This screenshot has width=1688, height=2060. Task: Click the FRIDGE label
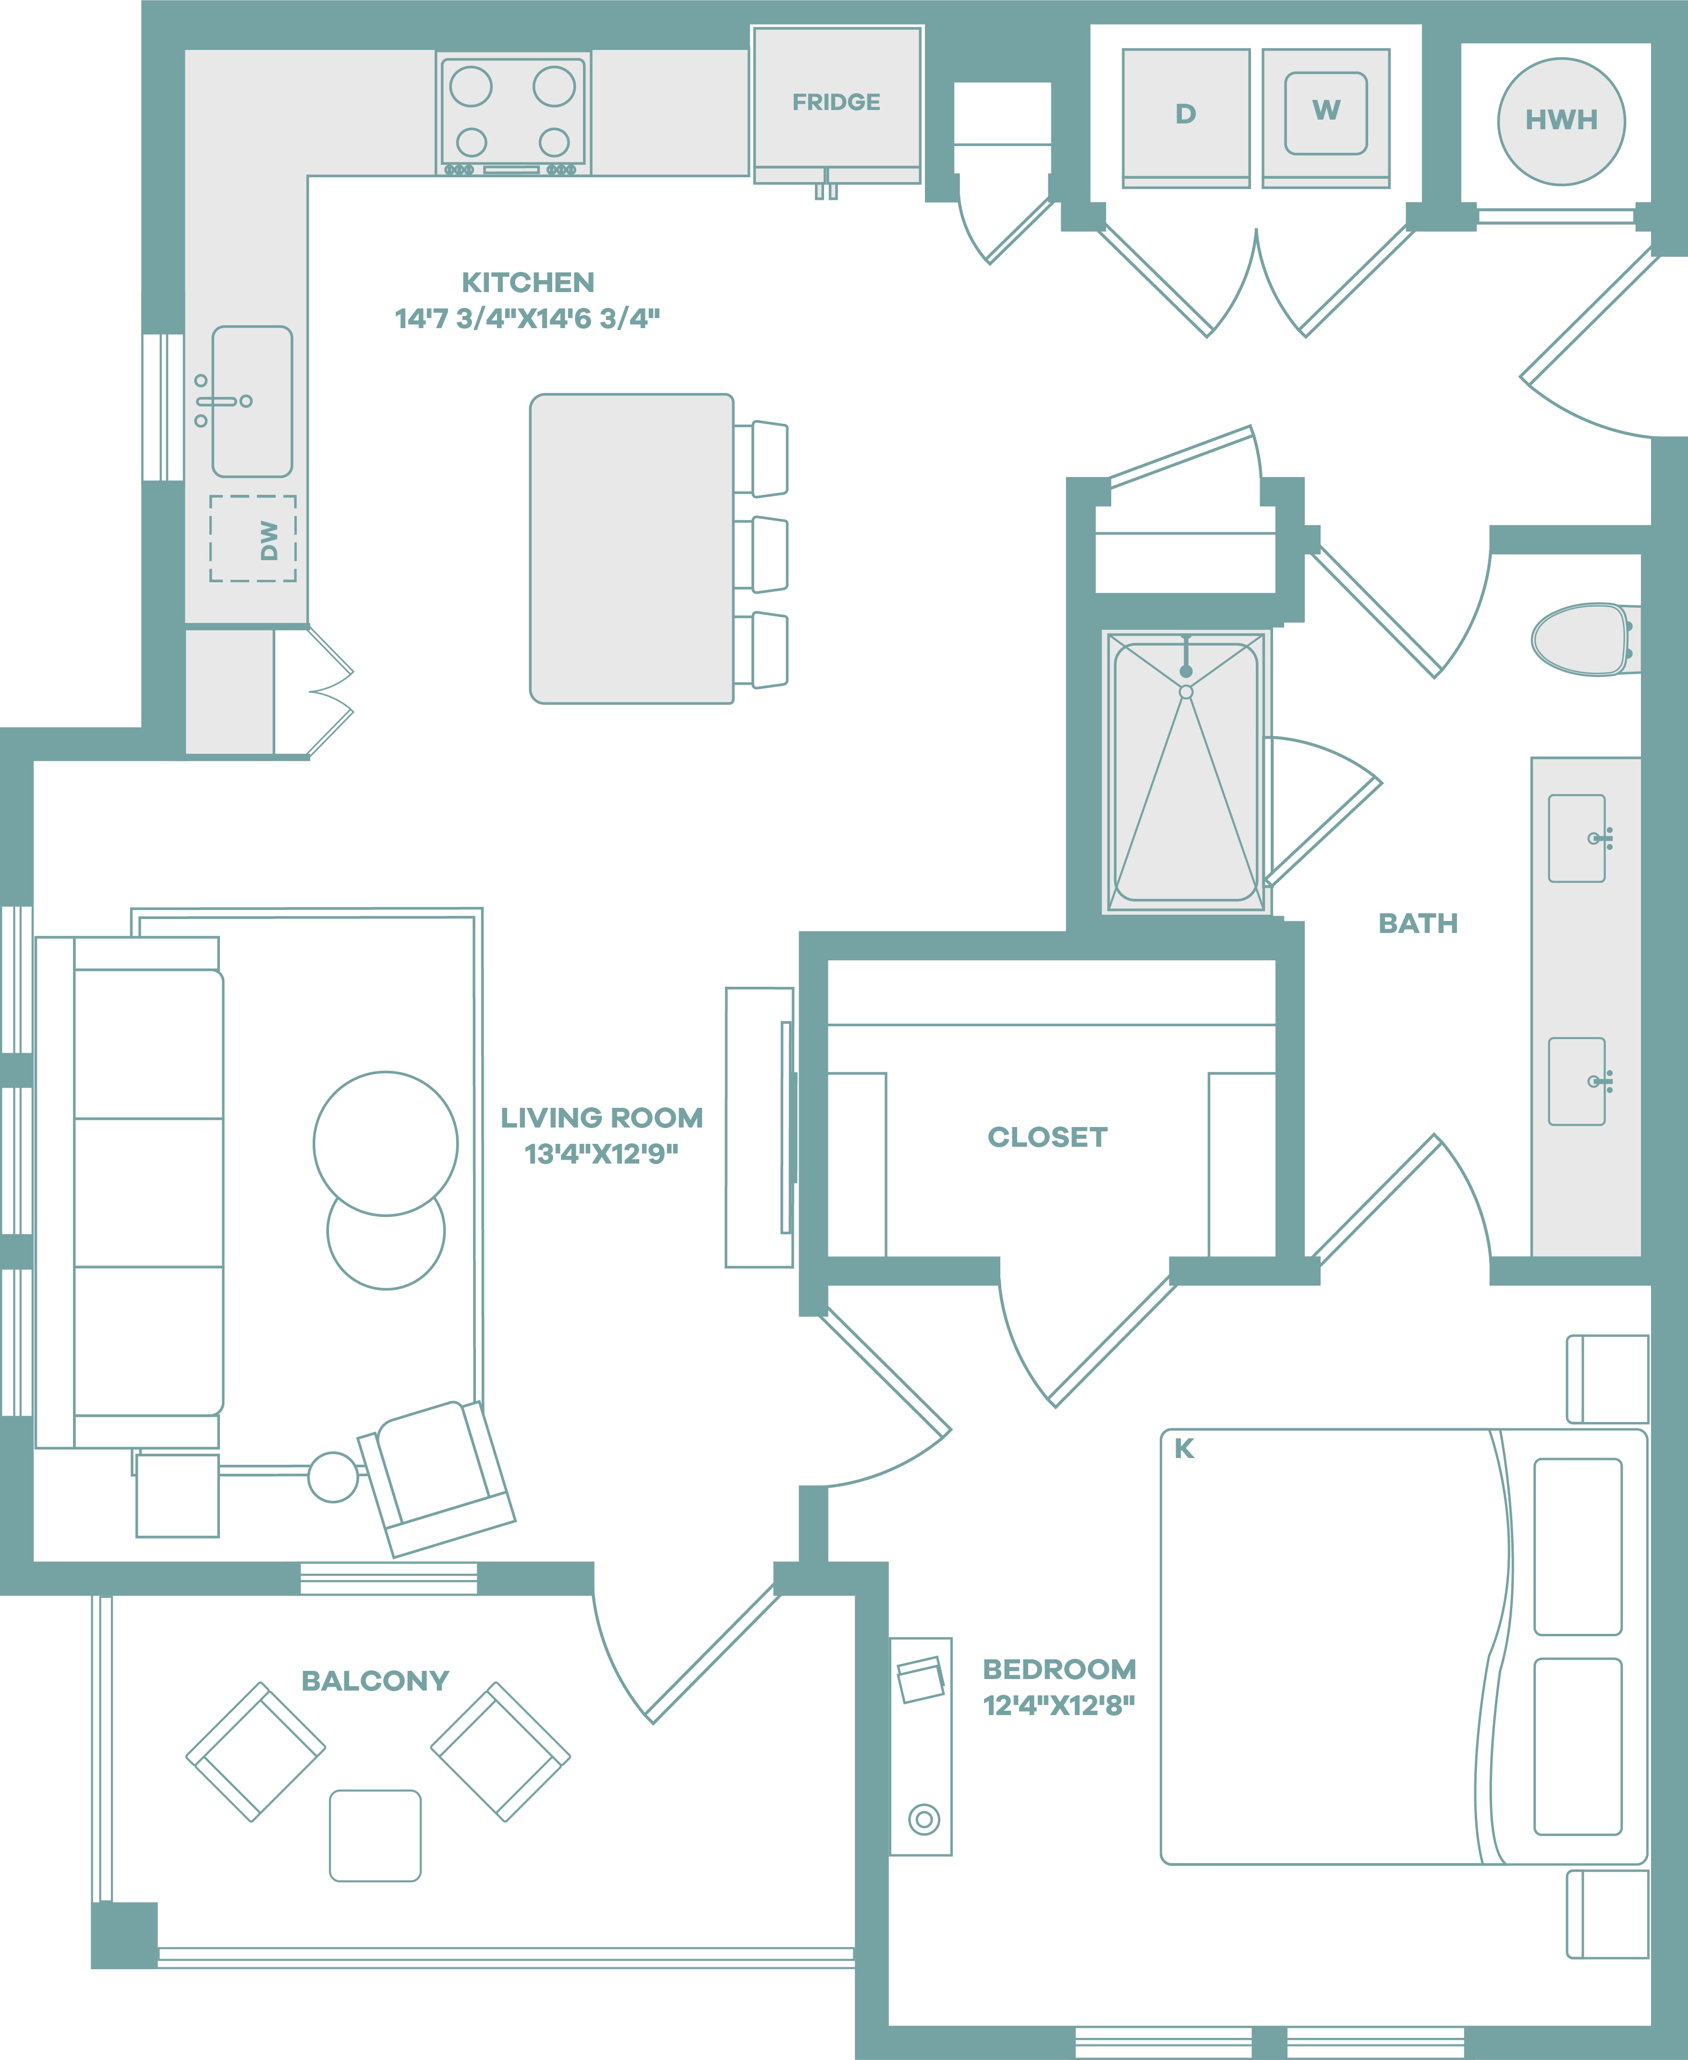(836, 102)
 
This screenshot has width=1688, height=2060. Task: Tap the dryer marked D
(1185, 118)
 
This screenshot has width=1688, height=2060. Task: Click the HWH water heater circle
(1561, 122)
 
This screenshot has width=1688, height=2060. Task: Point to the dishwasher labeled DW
(253, 539)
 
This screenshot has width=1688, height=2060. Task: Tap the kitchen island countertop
(631, 549)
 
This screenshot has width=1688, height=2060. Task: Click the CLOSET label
(1047, 1137)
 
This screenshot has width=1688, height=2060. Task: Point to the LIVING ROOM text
(602, 1117)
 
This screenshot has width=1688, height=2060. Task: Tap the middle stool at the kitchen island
(760, 554)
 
